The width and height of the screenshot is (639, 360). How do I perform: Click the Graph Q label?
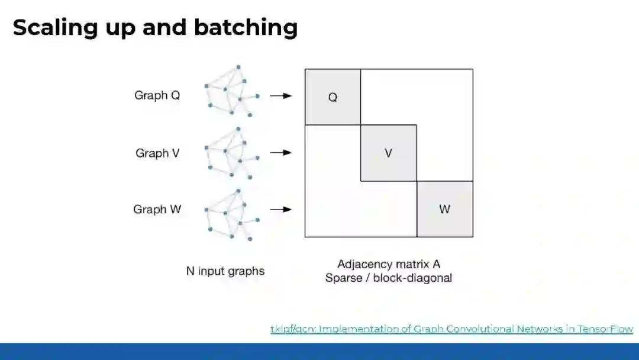coord(157,95)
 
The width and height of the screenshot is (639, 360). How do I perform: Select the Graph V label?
coord(157,153)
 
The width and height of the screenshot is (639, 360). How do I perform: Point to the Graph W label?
coord(157,210)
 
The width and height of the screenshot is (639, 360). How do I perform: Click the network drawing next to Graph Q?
coord(231,92)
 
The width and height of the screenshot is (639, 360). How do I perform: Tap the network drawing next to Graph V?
coord(231,152)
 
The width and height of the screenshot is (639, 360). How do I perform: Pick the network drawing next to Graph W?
coord(231,214)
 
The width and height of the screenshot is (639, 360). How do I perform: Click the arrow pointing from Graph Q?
coord(280,95)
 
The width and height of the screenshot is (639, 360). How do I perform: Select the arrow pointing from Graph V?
coord(280,153)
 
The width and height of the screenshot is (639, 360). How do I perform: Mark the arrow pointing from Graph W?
coord(280,209)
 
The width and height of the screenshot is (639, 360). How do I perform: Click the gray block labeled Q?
coord(333,97)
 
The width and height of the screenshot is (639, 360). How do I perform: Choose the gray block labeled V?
coord(388,153)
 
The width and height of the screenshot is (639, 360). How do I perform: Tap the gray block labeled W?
coord(445,209)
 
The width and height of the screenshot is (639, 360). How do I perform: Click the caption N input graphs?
coord(225,272)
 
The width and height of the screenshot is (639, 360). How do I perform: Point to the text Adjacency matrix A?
coord(389,264)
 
